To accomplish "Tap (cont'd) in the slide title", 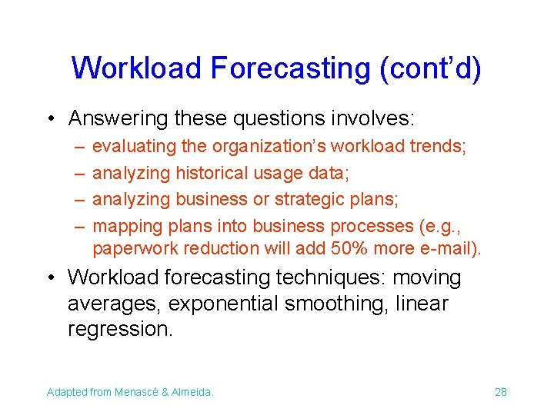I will coord(430,68).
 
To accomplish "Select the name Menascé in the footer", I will coord(141,392).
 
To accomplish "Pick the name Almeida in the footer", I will coord(194,392).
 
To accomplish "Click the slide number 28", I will coord(501,392).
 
